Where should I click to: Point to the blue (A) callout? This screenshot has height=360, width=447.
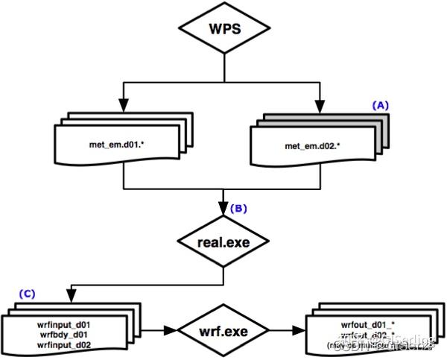coord(381,106)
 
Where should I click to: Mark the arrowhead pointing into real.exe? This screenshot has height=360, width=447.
coord(223,215)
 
